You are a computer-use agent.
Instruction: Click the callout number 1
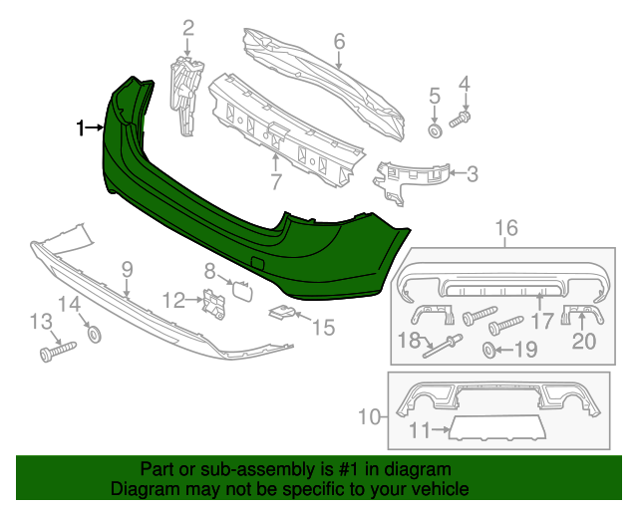pos(82,127)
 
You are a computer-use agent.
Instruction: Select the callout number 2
pos(187,27)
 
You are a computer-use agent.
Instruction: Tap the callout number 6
pos(339,41)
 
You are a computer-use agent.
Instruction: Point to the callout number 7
pos(276,182)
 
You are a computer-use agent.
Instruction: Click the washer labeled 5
pos(436,130)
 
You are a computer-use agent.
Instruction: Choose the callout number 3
pos(472,174)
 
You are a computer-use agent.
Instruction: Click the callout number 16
pos(506,229)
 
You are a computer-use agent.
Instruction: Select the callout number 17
pos(543,321)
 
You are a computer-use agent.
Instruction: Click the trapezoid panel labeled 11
pos(495,429)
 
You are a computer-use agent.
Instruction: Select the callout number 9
pos(127,268)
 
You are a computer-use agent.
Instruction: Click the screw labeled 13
pos(59,350)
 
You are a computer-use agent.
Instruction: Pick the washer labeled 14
pos(95,334)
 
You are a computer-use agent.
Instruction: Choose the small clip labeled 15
pos(283,315)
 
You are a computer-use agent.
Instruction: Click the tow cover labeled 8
pos(242,290)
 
